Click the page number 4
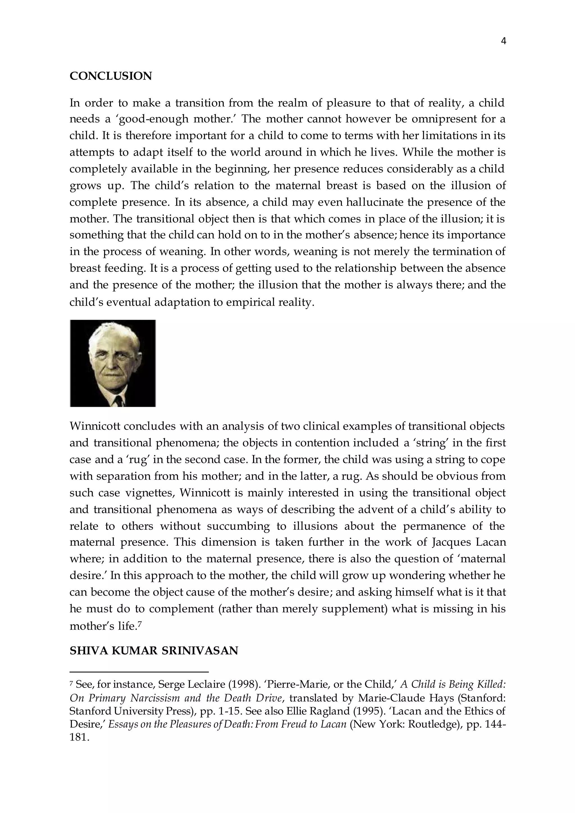(503, 42)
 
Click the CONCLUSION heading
(111, 76)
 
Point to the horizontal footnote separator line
(139, 671)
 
